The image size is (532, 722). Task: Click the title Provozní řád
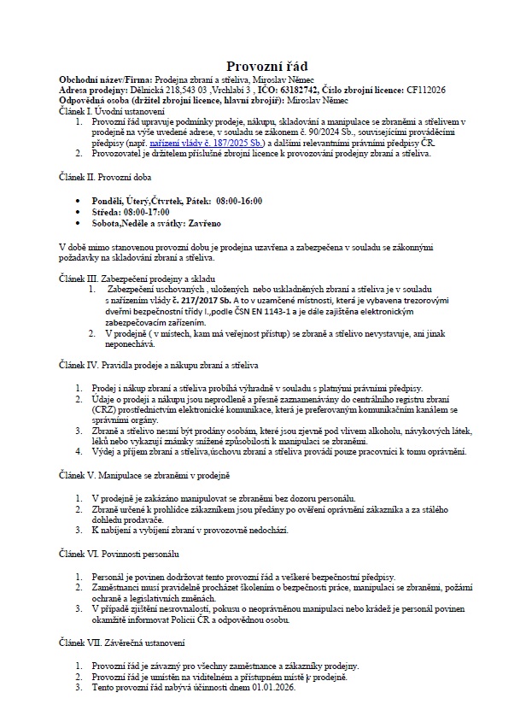pos(266,66)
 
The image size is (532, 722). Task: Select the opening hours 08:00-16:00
pos(239,201)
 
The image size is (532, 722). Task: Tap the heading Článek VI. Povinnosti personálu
pos(119,554)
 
